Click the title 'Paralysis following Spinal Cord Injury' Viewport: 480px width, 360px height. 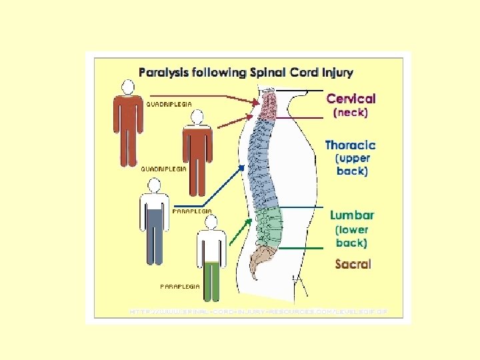pyautogui.click(x=246, y=72)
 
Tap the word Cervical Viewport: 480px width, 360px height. pyautogui.click(x=351, y=99)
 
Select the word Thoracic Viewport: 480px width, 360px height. pyautogui.click(x=350, y=145)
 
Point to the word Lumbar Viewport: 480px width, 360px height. pyautogui.click(x=351, y=215)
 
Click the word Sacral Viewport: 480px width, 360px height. pyautogui.click(x=353, y=264)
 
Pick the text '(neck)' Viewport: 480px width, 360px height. pyautogui.click(x=350, y=113)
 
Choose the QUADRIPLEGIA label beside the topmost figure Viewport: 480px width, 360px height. pyautogui.click(x=169, y=105)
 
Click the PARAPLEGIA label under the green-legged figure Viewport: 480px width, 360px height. pyautogui.click(x=180, y=286)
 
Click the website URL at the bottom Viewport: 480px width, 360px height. pyautogui.click(x=257, y=311)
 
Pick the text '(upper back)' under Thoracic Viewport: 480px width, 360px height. pyautogui.click(x=351, y=165)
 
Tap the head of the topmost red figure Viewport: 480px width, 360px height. pyautogui.click(x=127, y=87)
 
